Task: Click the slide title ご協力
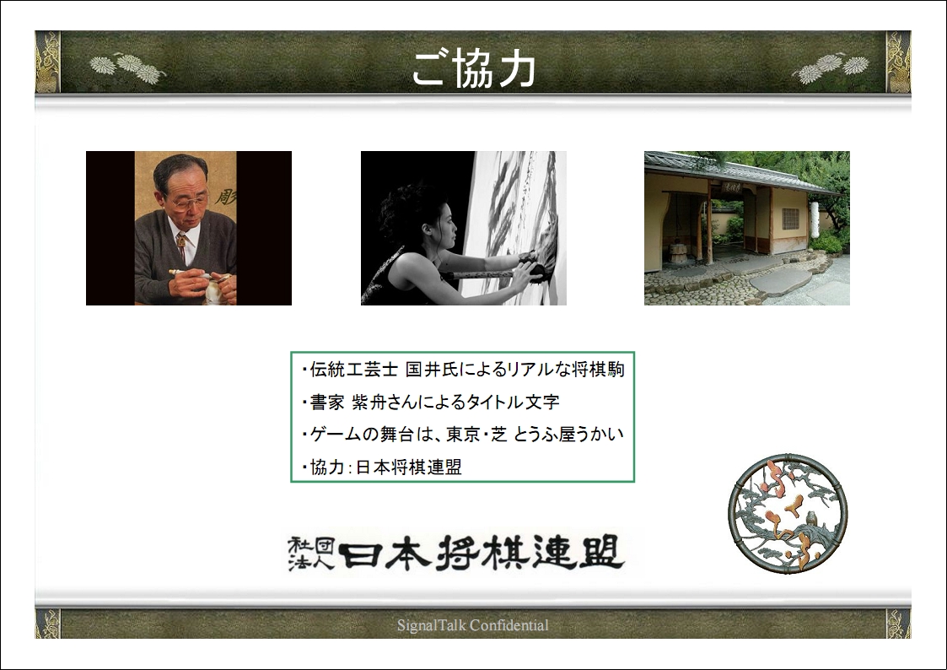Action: (474, 68)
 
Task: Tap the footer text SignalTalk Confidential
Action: (473, 625)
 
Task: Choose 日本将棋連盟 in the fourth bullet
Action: (409, 467)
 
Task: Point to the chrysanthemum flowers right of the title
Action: (831, 68)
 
